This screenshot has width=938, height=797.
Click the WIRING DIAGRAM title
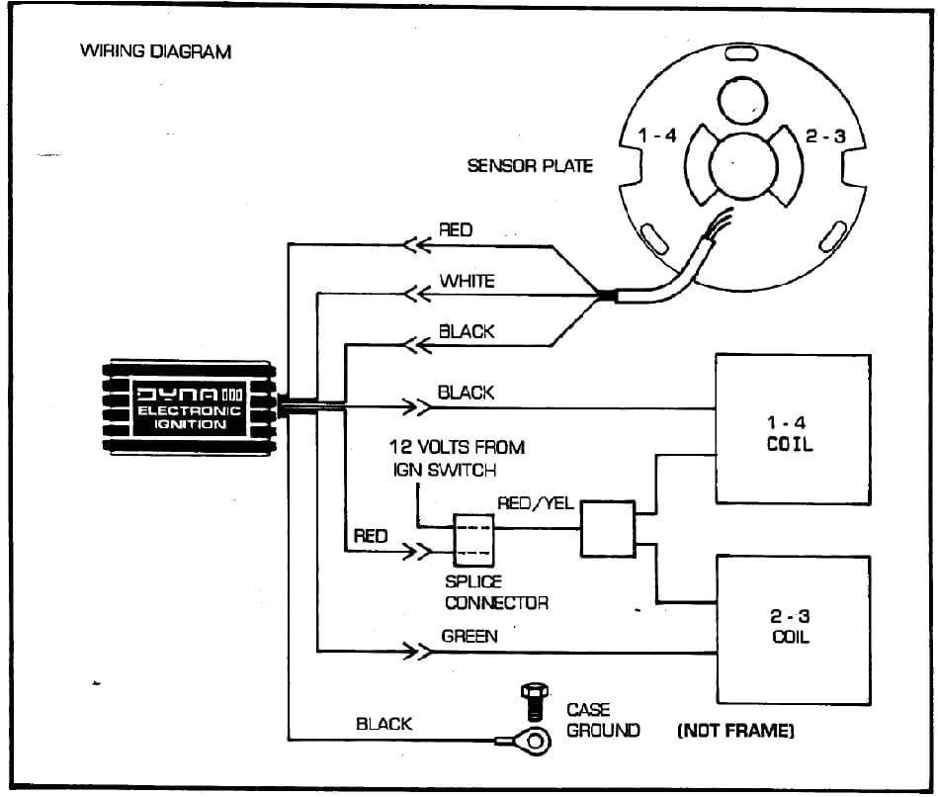point(155,51)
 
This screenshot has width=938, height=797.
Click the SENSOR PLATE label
point(530,165)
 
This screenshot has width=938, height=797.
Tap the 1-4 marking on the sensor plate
point(657,136)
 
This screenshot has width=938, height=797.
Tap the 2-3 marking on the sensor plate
point(824,136)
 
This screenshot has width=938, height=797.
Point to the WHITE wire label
point(467,282)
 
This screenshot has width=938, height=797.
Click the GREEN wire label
point(469,637)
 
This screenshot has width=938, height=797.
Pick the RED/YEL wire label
point(535,504)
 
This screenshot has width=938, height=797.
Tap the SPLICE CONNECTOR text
point(495,592)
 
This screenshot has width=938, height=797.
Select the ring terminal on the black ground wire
point(534,740)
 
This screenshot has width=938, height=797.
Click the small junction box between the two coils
point(607,528)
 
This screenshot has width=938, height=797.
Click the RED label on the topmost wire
point(456,230)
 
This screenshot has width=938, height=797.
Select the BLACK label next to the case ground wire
point(384,725)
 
